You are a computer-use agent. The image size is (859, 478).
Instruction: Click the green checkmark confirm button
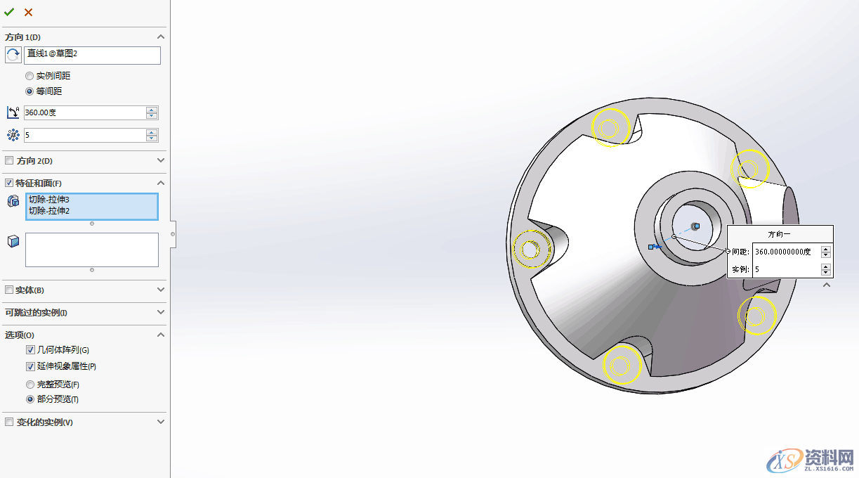(9, 12)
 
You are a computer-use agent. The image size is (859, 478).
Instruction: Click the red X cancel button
(28, 12)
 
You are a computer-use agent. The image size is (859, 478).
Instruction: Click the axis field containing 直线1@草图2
(92, 55)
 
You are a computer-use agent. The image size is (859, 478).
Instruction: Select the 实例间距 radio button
(29, 76)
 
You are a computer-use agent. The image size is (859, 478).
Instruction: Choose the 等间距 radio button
(29, 91)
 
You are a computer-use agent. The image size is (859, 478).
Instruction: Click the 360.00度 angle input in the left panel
(84, 112)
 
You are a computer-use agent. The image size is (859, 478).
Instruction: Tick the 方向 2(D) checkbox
(9, 161)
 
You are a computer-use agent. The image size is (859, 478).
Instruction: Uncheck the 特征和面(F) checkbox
(9, 183)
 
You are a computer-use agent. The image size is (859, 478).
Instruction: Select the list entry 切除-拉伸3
(49, 200)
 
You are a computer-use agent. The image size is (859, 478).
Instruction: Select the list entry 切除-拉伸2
(49, 210)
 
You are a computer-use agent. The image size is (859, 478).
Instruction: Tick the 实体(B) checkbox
(9, 290)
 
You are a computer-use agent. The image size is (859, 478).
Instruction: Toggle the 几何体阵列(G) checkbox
(30, 350)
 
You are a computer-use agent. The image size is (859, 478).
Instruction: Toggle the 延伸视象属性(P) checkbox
(30, 366)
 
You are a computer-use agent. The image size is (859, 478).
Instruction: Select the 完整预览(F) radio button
(29, 385)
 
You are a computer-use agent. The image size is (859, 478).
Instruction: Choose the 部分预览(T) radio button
(29, 399)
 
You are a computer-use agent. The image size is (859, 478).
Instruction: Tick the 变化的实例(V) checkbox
(9, 422)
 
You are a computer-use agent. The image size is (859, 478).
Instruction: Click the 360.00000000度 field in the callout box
(785, 252)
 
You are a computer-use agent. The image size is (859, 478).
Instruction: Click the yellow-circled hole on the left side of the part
(531, 248)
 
